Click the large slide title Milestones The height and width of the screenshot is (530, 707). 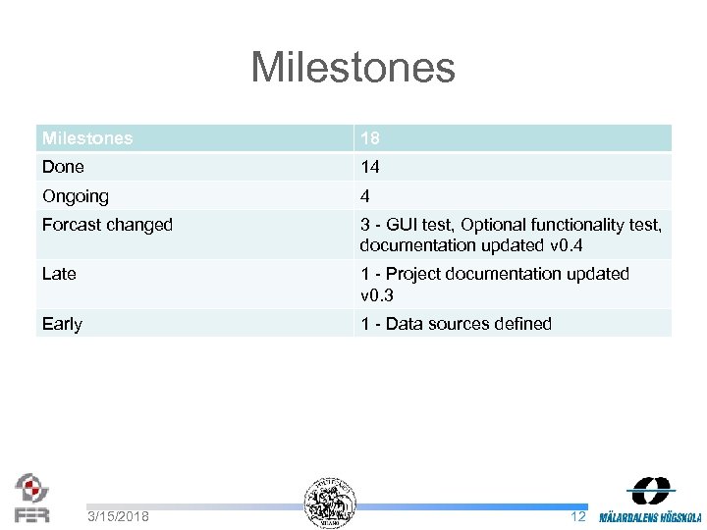[x=353, y=68]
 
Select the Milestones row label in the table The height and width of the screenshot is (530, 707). [x=87, y=138]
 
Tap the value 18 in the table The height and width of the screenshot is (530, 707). [x=370, y=138]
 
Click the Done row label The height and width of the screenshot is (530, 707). [x=63, y=167]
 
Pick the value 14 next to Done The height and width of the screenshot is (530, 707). [x=370, y=167]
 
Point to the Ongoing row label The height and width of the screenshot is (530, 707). [x=76, y=195]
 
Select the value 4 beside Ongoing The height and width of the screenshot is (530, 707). [x=365, y=195]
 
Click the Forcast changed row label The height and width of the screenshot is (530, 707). [x=107, y=225]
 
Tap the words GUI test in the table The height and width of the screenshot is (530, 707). [x=422, y=225]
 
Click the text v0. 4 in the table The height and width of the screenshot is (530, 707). [x=567, y=244]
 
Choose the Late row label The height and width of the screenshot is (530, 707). [x=59, y=274]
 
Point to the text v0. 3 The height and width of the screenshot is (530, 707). [x=377, y=293]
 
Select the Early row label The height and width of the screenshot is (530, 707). [x=62, y=323]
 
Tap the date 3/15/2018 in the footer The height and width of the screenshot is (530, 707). [x=118, y=516]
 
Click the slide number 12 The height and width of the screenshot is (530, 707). [x=578, y=516]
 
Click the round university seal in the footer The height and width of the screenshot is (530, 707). [x=330, y=503]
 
